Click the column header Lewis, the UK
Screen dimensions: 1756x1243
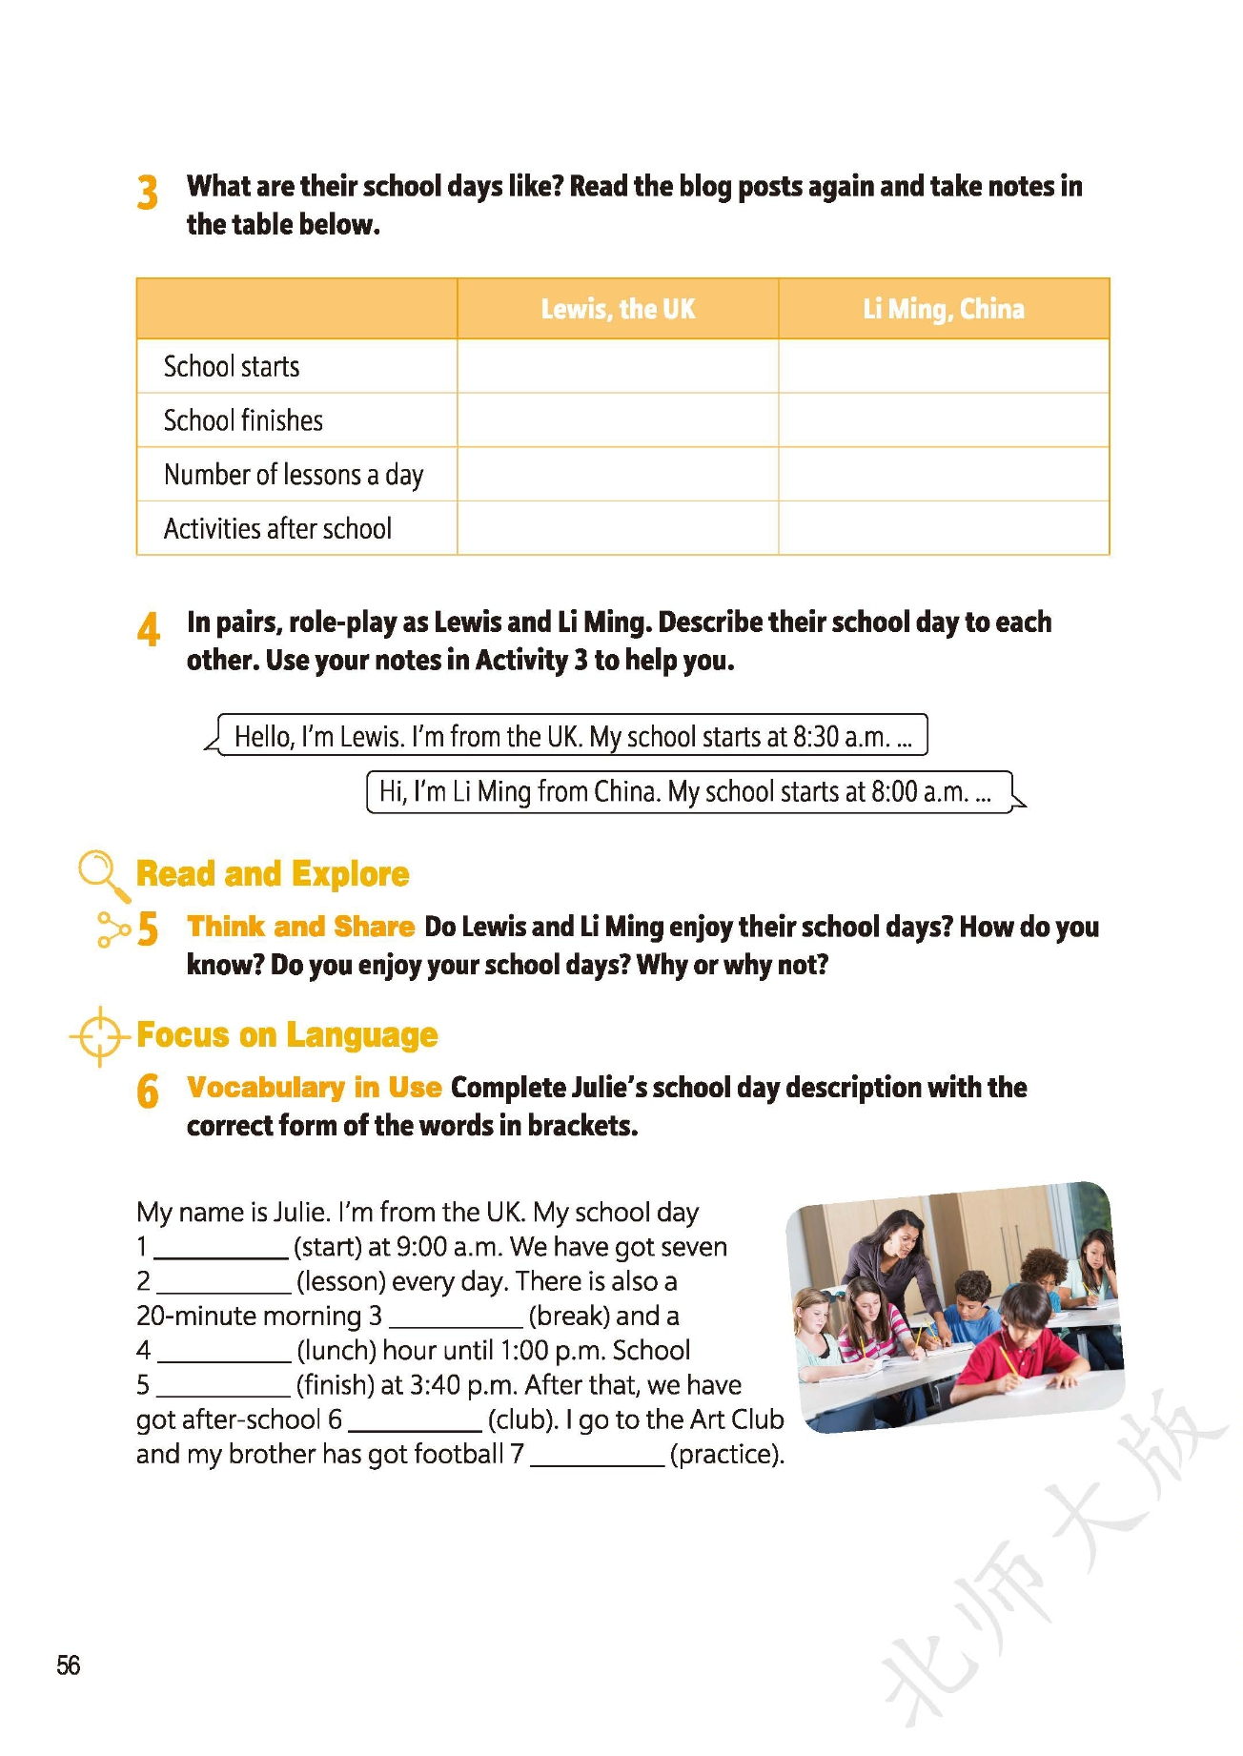coord(618,309)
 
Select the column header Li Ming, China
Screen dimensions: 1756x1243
coord(944,309)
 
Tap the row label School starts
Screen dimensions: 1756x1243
coord(232,366)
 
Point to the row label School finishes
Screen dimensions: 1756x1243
coord(243,420)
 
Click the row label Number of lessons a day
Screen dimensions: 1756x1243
coord(294,475)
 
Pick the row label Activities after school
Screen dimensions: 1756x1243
coord(277,528)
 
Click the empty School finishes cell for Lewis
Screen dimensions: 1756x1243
coord(618,420)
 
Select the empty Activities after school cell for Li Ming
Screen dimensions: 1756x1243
coord(944,528)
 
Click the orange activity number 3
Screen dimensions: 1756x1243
coord(147,193)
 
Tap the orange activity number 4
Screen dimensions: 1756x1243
coord(148,629)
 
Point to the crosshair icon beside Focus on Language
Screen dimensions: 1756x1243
coord(99,1035)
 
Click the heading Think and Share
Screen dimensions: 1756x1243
coord(300,927)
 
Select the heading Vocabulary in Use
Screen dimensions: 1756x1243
coord(314,1088)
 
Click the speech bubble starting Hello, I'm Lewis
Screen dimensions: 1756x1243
coord(572,736)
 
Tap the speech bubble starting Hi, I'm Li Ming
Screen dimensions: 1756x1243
coord(688,792)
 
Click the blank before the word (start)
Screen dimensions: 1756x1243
coord(221,1249)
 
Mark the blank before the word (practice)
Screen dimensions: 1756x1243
coord(597,1456)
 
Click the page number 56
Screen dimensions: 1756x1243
coord(69,1664)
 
